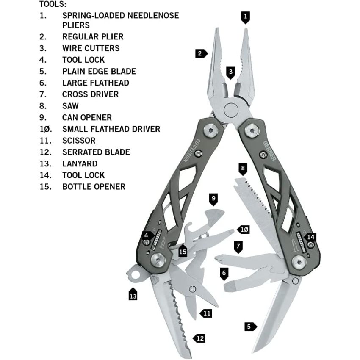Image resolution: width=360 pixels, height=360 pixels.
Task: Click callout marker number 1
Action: [x=246, y=17]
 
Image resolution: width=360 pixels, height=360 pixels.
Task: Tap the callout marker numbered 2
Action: [x=201, y=53]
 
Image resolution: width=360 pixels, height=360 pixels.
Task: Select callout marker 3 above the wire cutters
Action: [x=230, y=72]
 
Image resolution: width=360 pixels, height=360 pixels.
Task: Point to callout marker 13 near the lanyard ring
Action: [x=133, y=295]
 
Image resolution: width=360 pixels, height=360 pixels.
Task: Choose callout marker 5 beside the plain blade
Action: [x=250, y=326]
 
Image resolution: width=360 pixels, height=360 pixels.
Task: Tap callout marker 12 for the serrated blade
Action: [x=199, y=338]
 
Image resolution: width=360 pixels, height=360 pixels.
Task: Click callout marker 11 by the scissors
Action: [x=206, y=313]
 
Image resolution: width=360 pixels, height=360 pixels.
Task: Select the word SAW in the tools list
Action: [x=70, y=106]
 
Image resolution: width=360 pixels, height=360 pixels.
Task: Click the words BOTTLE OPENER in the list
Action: [x=94, y=186]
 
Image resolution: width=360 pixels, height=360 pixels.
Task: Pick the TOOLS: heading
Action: [x=53, y=4]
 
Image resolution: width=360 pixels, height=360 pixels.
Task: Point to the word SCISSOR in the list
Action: [x=79, y=140]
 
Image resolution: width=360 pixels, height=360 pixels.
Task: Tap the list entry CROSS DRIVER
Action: [x=90, y=94]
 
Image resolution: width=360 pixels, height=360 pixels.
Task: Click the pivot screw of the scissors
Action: [x=193, y=289]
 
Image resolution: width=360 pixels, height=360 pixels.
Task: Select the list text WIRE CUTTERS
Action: [x=91, y=48]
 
